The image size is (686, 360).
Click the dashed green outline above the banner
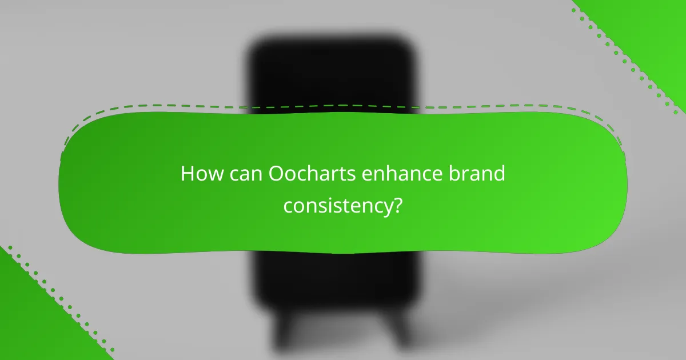[x=343, y=106]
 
